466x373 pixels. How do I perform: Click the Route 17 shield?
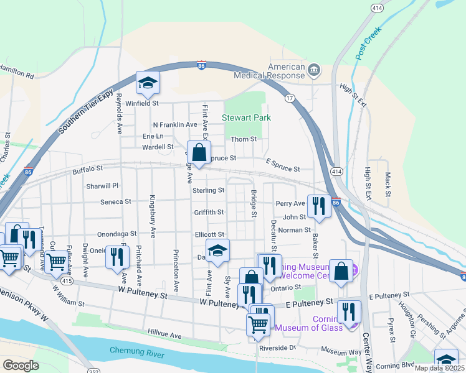[x=289, y=98]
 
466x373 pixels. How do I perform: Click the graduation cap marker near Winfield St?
[x=148, y=83]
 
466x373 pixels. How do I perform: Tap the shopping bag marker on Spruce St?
[x=199, y=152]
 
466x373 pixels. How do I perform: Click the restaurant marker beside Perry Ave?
[x=318, y=206]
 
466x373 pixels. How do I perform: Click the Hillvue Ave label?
[x=164, y=334]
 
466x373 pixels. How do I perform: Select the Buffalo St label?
[x=87, y=169]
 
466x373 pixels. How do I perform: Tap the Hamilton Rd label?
[x=17, y=74]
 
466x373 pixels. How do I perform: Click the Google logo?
[x=21, y=365]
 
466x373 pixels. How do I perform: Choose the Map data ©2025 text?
[x=439, y=368]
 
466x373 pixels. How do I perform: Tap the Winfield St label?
[x=143, y=104]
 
